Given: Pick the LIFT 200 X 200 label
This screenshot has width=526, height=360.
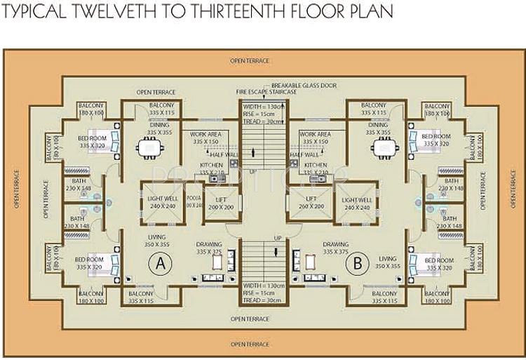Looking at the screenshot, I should click(x=220, y=204).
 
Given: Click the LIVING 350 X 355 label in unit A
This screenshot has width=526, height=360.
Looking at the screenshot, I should click(x=156, y=241).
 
